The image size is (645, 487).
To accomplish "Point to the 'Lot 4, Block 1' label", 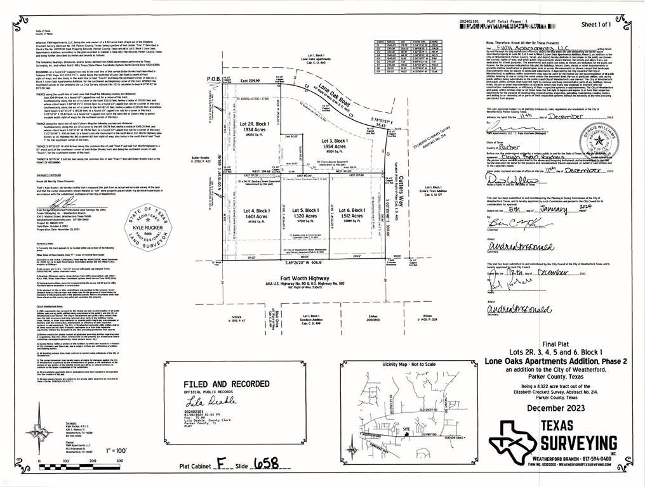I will pos(256,210).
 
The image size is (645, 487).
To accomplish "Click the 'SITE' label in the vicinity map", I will pos(407,429).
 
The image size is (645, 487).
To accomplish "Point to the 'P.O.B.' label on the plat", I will pos(213,79).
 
